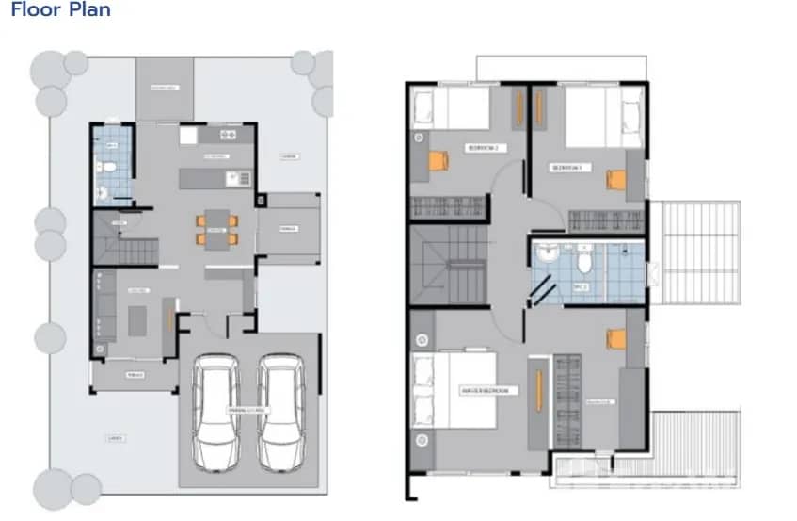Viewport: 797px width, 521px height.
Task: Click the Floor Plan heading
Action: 60,10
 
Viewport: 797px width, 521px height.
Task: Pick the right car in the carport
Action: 279,412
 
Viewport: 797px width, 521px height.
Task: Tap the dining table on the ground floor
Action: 216,229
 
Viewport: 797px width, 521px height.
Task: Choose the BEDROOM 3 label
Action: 568,168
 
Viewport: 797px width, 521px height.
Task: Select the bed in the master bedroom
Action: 452,389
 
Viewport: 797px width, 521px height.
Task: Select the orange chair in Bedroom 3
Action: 615,179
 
